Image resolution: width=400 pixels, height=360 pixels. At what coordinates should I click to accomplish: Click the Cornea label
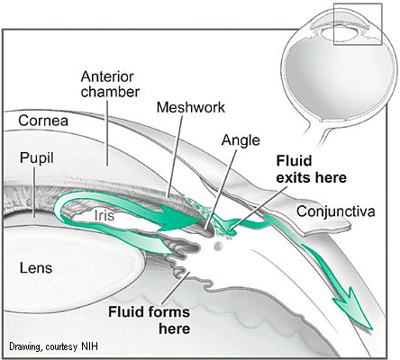[43, 121]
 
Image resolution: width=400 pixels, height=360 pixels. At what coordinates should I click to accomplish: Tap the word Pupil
[37, 157]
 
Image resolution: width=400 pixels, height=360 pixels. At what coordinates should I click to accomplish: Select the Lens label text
[36, 267]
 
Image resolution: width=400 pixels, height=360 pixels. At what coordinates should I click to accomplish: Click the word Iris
[105, 215]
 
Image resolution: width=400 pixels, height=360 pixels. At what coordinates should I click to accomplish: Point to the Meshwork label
[191, 107]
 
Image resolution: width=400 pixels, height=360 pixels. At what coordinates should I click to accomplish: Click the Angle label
[241, 140]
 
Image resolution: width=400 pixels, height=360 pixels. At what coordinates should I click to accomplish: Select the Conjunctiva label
[336, 211]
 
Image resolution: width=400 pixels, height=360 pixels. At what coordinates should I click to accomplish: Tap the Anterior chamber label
[110, 85]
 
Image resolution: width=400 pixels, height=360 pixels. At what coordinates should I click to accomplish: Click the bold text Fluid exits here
[311, 169]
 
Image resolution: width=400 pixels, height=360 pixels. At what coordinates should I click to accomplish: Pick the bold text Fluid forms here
[150, 320]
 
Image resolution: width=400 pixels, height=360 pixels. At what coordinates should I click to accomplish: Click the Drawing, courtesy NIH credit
[53, 346]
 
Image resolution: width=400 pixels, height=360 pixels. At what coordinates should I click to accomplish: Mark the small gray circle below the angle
[218, 247]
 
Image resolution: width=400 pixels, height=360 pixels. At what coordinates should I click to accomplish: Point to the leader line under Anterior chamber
[107, 132]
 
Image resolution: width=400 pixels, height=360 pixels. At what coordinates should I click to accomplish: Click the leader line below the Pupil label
[34, 192]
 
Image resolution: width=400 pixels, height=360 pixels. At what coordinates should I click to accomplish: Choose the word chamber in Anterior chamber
[110, 92]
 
